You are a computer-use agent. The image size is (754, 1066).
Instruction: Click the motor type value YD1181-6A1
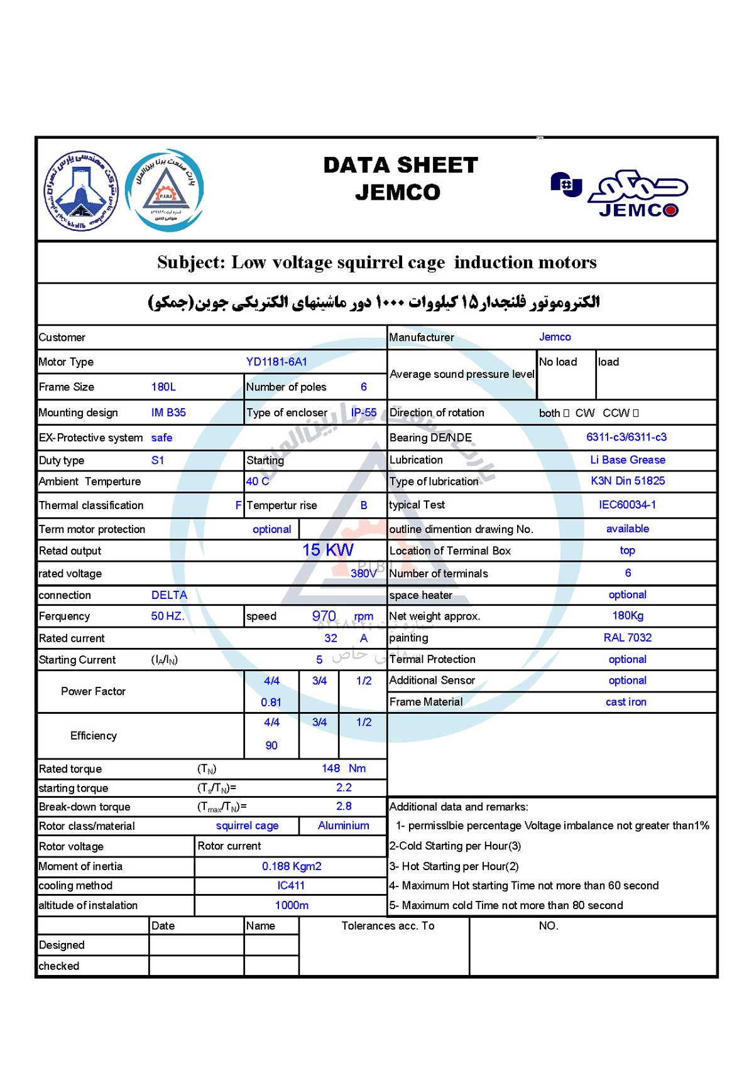[x=276, y=362]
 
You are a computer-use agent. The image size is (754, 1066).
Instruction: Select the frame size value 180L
[x=163, y=387]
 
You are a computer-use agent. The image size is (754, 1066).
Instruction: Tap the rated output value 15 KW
[x=327, y=550]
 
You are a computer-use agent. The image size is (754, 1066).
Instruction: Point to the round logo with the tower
[x=81, y=190]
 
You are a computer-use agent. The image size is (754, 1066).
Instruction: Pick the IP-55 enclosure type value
[x=363, y=412]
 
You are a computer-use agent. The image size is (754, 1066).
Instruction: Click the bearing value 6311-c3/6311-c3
[x=626, y=437]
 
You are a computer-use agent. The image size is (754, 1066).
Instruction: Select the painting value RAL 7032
[x=627, y=637]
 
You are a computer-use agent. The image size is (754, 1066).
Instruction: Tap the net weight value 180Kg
[x=628, y=616]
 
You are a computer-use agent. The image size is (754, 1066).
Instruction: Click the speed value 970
[x=324, y=616]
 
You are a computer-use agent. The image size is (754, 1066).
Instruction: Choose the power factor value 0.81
[x=271, y=703]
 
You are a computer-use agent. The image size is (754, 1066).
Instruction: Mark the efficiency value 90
[x=271, y=745]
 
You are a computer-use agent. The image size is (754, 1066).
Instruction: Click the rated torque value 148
[x=331, y=768]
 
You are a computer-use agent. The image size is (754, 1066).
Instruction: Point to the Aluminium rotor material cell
[x=343, y=826]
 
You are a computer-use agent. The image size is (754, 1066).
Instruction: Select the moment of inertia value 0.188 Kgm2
[x=292, y=866]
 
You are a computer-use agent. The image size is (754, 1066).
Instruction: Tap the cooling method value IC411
[x=291, y=886]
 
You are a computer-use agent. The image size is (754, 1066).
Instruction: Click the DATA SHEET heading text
[x=400, y=165]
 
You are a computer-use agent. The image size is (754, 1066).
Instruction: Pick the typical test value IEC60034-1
[x=627, y=505]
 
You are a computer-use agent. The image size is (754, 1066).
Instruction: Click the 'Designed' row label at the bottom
[x=62, y=945]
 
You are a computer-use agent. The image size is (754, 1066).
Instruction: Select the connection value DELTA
[x=169, y=595]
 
